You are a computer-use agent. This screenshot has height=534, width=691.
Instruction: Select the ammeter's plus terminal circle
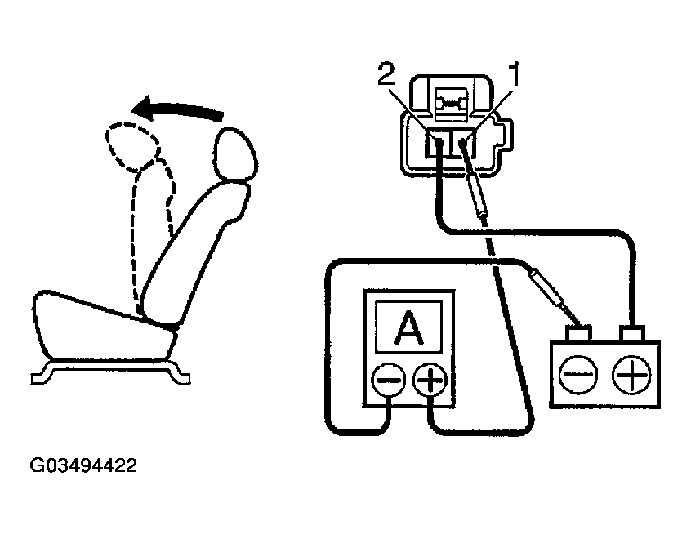tap(430, 380)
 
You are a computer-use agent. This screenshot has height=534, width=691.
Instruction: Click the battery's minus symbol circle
tap(579, 374)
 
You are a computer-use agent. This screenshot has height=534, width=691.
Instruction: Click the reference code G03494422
tap(83, 466)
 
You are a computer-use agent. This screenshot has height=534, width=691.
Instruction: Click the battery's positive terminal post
tap(631, 334)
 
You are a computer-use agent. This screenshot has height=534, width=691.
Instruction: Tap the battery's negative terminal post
tap(580, 334)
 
